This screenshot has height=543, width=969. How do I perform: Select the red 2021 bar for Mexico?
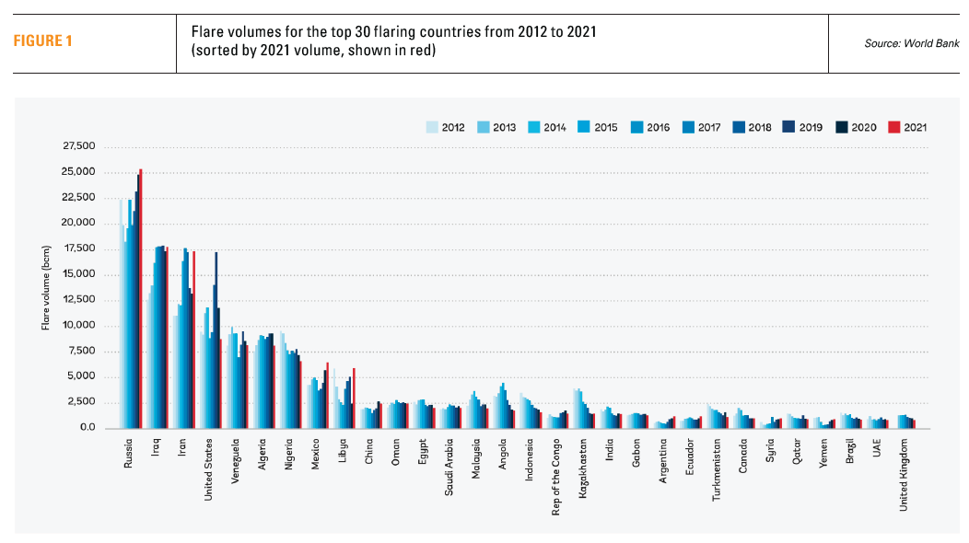click(x=327, y=396)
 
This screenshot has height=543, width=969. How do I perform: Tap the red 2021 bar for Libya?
click(x=354, y=399)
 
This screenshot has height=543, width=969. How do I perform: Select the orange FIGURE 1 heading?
click(x=42, y=40)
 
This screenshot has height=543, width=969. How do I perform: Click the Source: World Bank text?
click(x=911, y=42)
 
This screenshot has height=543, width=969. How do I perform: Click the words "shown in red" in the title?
click(x=397, y=50)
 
